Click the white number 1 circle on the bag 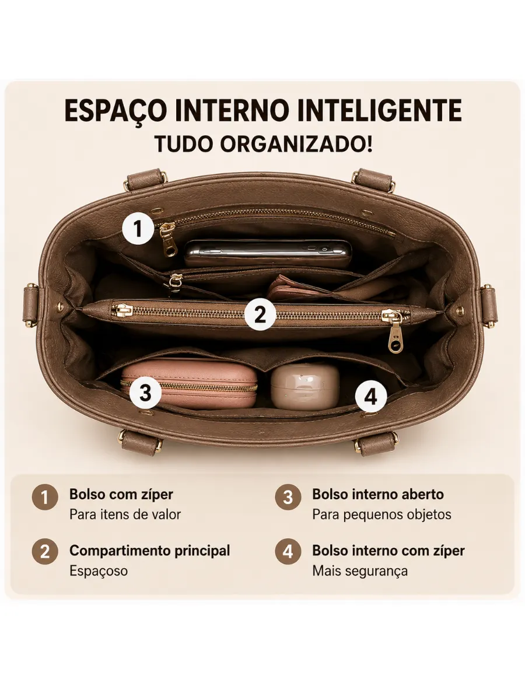pos(138,228)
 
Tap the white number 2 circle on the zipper pos(260,314)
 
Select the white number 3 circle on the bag pos(145,393)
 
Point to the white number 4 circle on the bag pos(371,397)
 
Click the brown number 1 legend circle pos(45,497)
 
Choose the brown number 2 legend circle pos(45,551)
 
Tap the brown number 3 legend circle pos(288,497)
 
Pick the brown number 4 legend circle pos(288,551)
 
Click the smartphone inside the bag pos(268,252)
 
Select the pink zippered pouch pos(189,384)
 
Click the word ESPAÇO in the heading pos(116,111)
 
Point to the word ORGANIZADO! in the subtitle pos(296,144)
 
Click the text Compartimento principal pos(149,551)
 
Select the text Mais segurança pos(360,571)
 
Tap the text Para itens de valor pos(125,514)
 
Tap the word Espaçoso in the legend pos(99,571)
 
